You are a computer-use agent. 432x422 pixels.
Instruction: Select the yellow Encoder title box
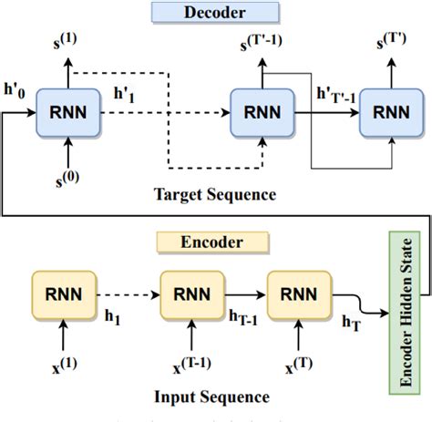click(212, 242)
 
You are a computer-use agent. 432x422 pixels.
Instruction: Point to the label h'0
click(15, 91)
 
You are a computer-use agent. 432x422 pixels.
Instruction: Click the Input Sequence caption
click(211, 396)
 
